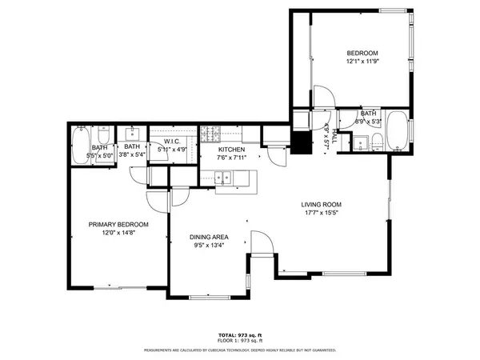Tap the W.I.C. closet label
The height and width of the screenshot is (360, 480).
point(174,142)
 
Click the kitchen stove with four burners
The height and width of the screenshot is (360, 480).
point(209,132)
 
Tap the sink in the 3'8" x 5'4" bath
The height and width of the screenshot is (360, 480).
point(134,132)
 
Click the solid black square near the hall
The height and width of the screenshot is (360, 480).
point(302,145)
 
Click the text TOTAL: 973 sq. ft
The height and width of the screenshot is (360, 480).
point(240,334)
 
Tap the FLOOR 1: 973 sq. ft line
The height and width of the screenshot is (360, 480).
point(240,341)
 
